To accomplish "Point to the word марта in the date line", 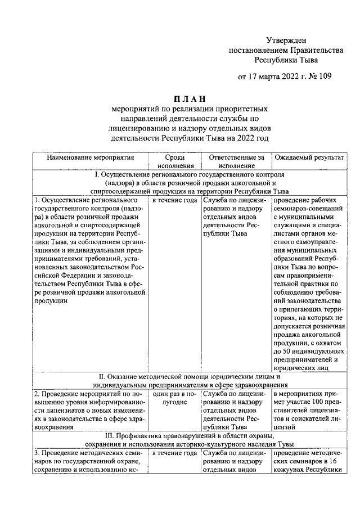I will tap(271, 77).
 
